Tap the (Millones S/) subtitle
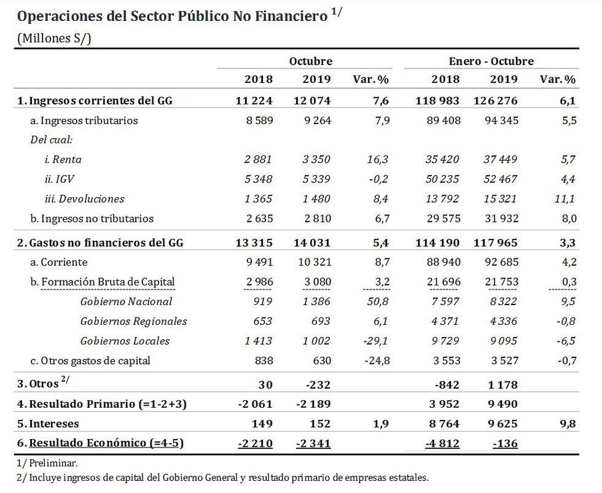55,38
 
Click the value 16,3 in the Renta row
377,160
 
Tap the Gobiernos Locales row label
125,341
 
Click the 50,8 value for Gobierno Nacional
377,301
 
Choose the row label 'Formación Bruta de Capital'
107,282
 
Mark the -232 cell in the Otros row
318,384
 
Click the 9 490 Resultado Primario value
502,404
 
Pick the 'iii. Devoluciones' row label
84,199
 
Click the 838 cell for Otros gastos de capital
261,360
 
